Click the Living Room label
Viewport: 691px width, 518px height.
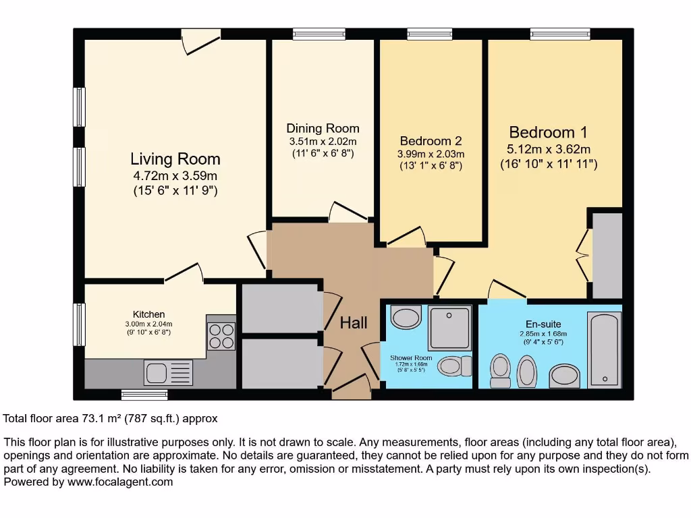click(175, 159)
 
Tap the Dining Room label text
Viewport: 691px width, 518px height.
click(323, 128)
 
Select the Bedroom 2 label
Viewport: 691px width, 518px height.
click(431, 141)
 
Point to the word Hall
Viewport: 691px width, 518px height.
click(354, 323)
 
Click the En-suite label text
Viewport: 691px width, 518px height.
click(543, 323)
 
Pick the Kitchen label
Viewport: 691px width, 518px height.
click(148, 314)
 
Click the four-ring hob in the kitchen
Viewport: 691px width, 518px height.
click(221, 336)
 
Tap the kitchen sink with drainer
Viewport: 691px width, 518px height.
click(168, 372)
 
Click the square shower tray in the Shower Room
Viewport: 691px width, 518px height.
click(450, 327)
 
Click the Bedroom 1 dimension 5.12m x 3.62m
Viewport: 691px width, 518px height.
click(549, 149)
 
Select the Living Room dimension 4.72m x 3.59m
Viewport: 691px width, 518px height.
click(175, 176)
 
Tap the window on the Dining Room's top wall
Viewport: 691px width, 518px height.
click(319, 34)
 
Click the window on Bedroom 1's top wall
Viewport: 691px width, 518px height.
click(560, 34)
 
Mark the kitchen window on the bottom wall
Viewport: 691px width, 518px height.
click(144, 394)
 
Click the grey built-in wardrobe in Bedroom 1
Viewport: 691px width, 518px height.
click(607, 255)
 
